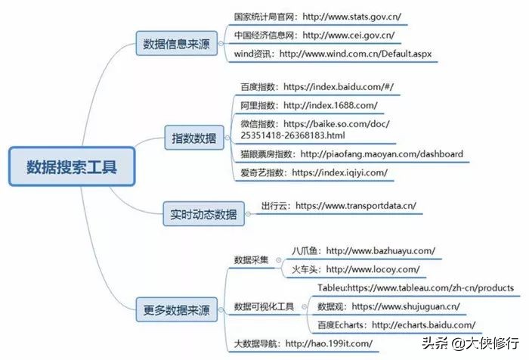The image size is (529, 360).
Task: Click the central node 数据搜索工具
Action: [72, 166]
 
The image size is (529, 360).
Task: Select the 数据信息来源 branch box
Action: [176, 44]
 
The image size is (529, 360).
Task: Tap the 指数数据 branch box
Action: [194, 138]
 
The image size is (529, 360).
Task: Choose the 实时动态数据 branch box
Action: [203, 214]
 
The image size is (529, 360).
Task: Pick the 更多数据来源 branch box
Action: [176, 309]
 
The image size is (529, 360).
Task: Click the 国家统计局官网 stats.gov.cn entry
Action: [317, 17]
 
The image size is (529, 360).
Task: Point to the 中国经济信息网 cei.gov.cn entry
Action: [314, 35]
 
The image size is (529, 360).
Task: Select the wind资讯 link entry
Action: [333, 54]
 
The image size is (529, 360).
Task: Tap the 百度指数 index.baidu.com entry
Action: [317, 87]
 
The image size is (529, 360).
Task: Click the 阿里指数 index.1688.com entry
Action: [309, 105]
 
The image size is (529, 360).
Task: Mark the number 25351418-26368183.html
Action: [293, 136]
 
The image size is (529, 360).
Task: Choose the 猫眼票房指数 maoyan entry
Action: [351, 154]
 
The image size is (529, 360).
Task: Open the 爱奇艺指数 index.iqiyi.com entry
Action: [314, 173]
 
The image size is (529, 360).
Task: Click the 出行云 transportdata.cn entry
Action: [339, 206]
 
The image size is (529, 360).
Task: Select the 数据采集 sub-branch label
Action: [252, 259]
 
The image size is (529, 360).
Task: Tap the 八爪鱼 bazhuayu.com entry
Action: [363, 251]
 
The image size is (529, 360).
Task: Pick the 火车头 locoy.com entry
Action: [356, 269]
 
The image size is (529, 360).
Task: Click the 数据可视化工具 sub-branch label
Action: [264, 306]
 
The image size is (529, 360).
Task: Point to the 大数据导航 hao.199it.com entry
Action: [303, 344]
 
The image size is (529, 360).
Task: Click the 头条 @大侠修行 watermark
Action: [470, 343]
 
